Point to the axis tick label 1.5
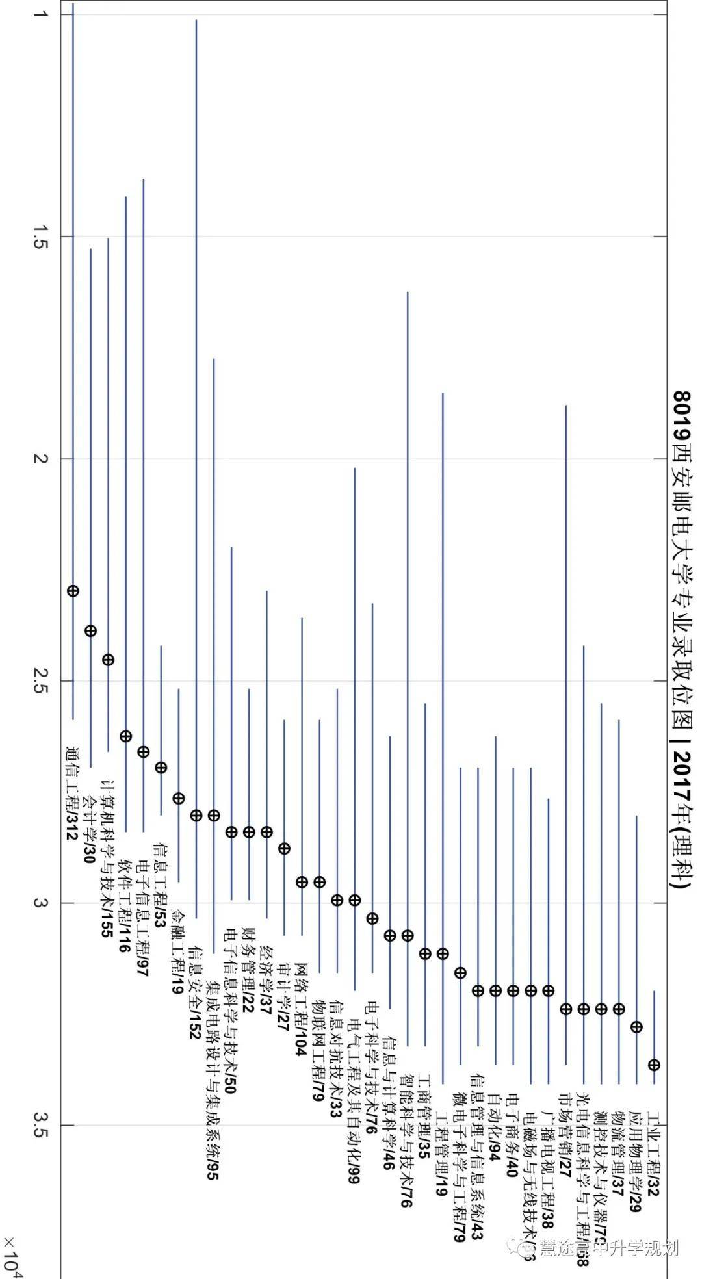tap(42, 237)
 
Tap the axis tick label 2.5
tap(42, 681)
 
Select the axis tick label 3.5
tap(42, 1125)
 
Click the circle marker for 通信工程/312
tap(73, 591)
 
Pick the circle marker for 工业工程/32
tap(654, 1065)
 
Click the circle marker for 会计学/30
tap(90, 630)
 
